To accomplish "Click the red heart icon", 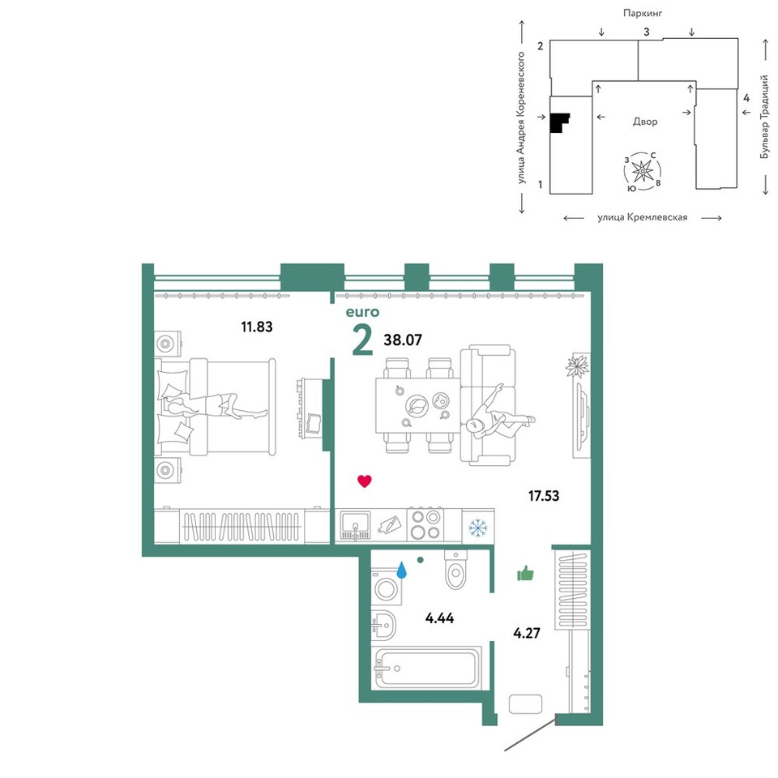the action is click(x=365, y=481).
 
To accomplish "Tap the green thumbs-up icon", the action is click(x=525, y=574).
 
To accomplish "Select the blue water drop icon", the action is click(x=401, y=570).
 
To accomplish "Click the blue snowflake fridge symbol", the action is click(x=478, y=528).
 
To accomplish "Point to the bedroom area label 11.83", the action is click(x=257, y=327).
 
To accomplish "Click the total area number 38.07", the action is click(x=403, y=340).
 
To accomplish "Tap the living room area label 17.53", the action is click(x=544, y=496).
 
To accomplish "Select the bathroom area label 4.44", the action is click(x=439, y=618).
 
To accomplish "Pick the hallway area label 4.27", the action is click(x=527, y=633).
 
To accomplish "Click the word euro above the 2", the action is click(x=362, y=312).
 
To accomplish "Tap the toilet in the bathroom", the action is click(x=456, y=569).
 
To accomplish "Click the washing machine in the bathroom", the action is click(x=387, y=587).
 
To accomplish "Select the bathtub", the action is click(x=428, y=667).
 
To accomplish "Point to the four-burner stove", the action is click(x=425, y=525).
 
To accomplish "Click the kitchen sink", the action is click(x=355, y=525).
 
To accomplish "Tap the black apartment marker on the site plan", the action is click(x=558, y=123).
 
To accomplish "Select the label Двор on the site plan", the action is click(x=645, y=122).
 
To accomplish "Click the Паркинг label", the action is click(x=643, y=14).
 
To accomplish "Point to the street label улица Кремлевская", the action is click(x=643, y=217).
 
